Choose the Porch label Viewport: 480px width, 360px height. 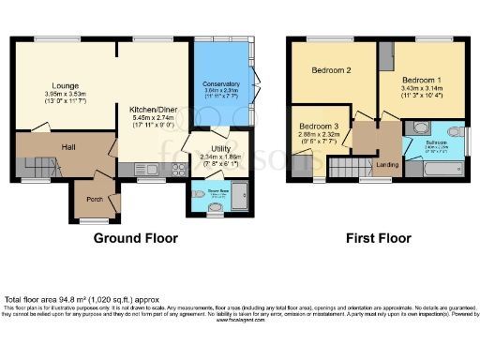pyautogui.click(x=95, y=198)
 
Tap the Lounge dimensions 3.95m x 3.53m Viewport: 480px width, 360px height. pyautogui.click(x=65, y=95)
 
